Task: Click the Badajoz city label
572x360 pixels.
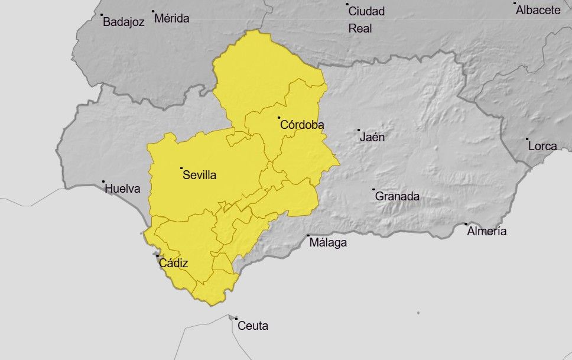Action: [x=123, y=22]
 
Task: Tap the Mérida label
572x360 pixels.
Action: [x=171, y=18]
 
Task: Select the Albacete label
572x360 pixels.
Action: [x=538, y=10]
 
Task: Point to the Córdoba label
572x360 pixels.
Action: [x=302, y=125]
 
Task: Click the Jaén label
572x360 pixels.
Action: [x=372, y=137]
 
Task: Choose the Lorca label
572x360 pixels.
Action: [x=542, y=146]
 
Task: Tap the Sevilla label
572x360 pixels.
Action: [x=200, y=175]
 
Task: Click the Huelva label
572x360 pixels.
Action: [x=122, y=189]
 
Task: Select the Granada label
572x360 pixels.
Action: [x=397, y=196]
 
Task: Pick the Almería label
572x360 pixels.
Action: [x=486, y=231]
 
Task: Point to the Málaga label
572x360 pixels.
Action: [x=328, y=242]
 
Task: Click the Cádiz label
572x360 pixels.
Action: [x=173, y=263]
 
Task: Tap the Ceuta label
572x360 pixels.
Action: [x=252, y=326]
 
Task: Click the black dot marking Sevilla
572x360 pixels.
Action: [x=181, y=168]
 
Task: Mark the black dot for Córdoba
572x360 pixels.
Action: [x=278, y=118]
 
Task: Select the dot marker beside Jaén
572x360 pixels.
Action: [x=359, y=130]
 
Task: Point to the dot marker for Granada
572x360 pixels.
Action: [x=373, y=190]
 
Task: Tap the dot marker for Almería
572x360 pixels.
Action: [x=466, y=224]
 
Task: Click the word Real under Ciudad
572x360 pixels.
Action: [x=360, y=28]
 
